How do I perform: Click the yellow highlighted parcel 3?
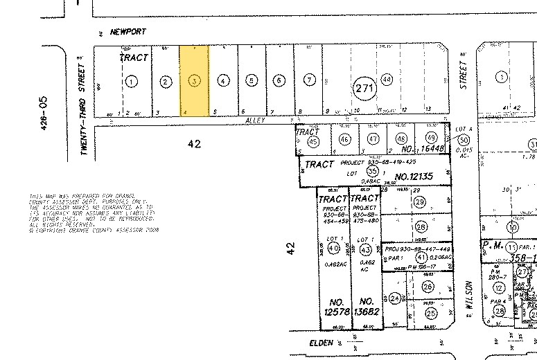pos(195,81)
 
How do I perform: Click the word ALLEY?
pos(256,120)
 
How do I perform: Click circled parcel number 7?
pos(308,80)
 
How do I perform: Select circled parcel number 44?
pos(387,80)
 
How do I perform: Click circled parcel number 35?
pos(373,171)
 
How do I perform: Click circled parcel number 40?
pos(333,249)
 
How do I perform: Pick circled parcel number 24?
pos(395,298)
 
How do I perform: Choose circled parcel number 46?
pos(344,139)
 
